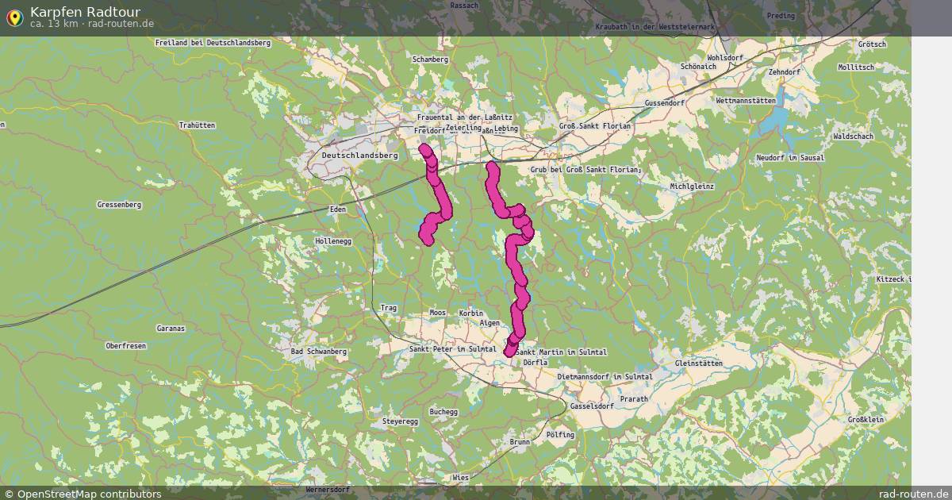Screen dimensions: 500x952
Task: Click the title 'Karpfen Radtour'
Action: point(85,11)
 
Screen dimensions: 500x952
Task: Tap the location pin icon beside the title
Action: point(14,17)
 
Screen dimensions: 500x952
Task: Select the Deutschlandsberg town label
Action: point(360,156)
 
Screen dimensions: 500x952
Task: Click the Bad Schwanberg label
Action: point(319,351)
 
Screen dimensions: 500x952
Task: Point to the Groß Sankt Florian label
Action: point(595,126)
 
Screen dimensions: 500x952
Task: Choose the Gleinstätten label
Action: point(698,363)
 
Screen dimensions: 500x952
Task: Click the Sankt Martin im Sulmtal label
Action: point(561,352)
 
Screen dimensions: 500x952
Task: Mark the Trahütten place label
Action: point(197,125)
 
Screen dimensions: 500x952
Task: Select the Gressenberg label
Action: point(119,205)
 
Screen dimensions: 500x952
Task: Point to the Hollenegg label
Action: point(332,240)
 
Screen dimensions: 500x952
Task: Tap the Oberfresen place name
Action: point(125,346)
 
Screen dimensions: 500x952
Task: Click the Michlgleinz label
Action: point(692,187)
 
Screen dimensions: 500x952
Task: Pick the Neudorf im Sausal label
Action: point(790,158)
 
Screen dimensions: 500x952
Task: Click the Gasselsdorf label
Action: point(592,406)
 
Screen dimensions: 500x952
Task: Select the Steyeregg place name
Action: point(400,421)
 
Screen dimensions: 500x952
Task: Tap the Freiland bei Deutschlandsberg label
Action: point(213,43)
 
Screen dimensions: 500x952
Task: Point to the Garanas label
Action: point(171,328)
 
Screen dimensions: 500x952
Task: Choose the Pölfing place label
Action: point(560,435)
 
